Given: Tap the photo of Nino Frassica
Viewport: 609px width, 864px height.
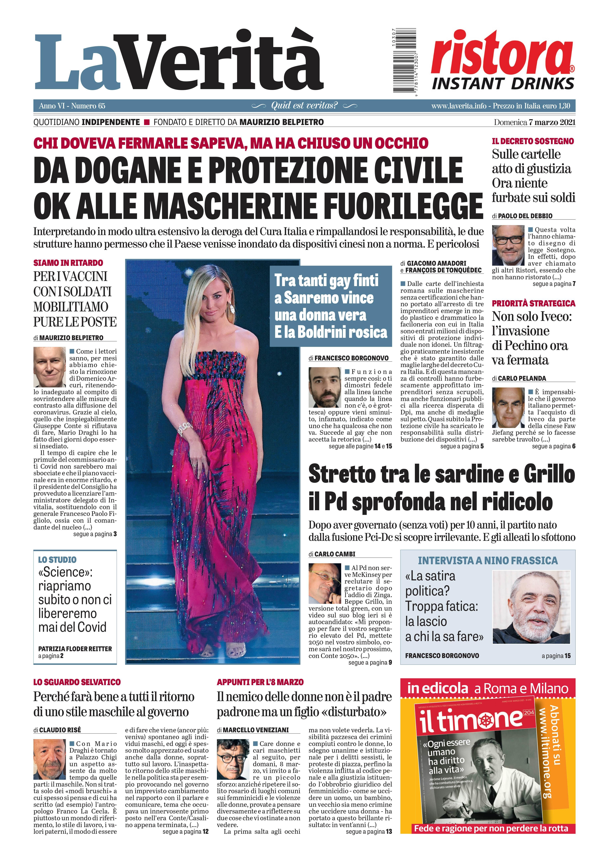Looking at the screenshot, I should [531, 607].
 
